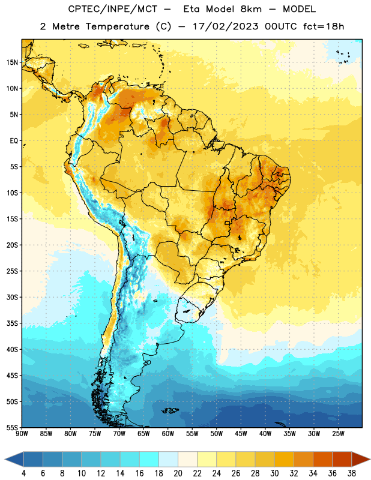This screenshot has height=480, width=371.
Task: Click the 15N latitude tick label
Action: pos(12,62)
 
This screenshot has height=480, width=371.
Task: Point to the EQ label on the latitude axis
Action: pos(14,141)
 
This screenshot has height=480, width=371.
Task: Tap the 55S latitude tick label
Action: pos(12,428)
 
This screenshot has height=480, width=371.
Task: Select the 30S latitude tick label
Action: pos(12,297)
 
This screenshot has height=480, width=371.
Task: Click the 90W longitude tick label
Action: pos(22,434)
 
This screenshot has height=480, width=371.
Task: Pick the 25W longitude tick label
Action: pos(338,434)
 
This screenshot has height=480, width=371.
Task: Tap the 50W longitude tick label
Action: pos(217,434)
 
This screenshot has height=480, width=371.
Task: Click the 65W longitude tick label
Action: pos(143,434)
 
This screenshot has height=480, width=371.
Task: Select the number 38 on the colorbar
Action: pos(352,473)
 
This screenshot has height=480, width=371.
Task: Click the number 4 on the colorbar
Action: pos(23,473)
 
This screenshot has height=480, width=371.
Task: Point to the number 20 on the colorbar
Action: pos(178,473)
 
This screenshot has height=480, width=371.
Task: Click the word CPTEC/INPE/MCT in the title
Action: pos(113,9)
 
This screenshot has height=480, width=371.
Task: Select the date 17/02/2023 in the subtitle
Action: pos(226,26)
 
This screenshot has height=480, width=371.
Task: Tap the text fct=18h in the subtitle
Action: pos(324,26)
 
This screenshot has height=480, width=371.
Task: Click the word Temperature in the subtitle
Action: pos(117,26)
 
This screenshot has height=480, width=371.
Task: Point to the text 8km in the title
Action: pos(251,9)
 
